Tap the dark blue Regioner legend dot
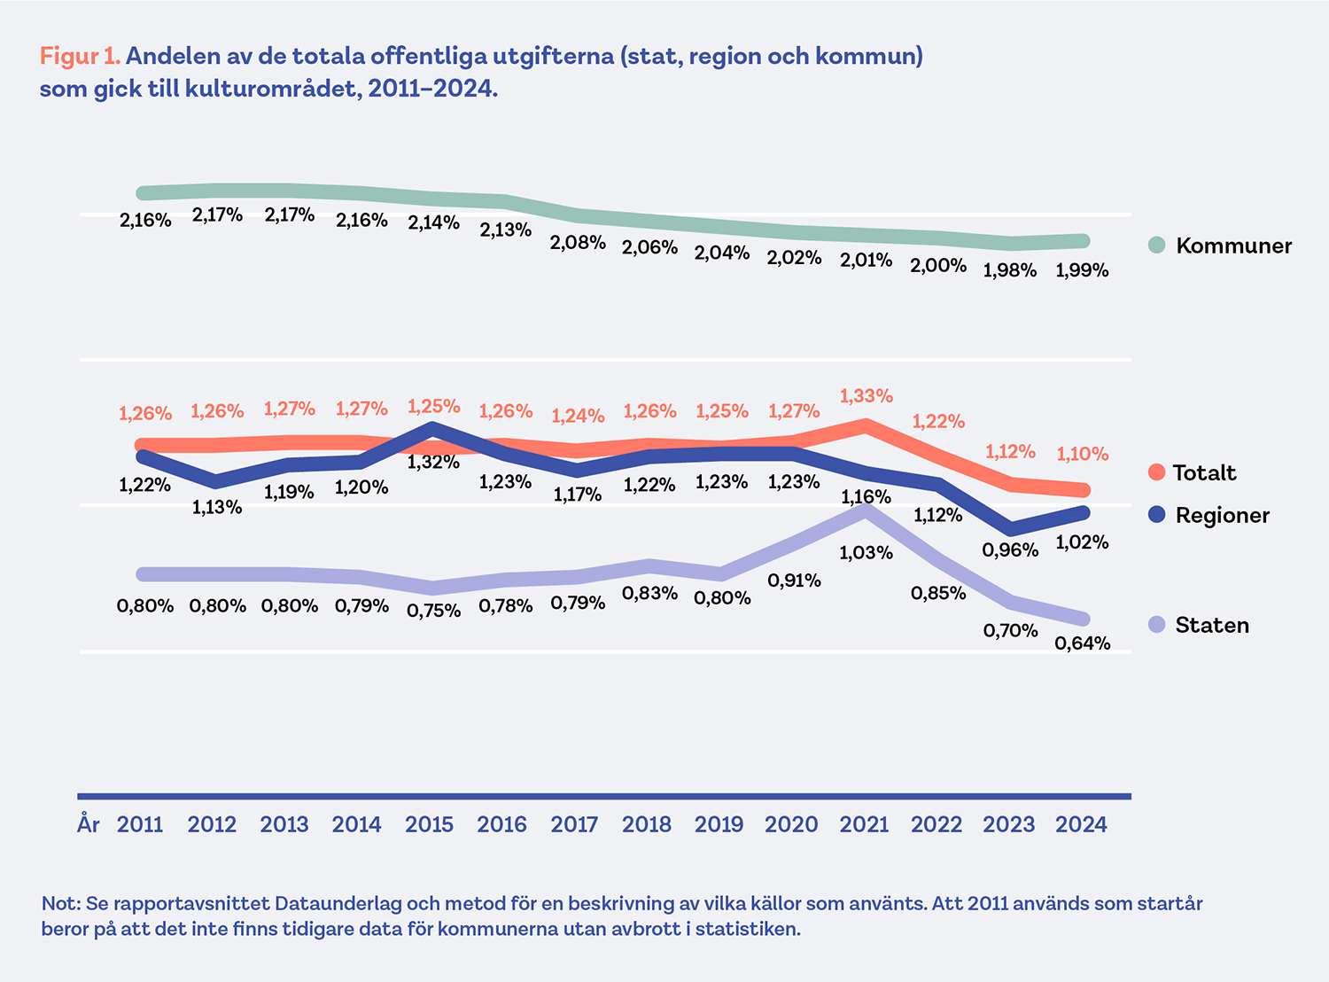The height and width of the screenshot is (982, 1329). coord(1156,515)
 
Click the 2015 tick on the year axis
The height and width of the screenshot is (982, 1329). coord(429,824)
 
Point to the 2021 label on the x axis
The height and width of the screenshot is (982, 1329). coord(864,824)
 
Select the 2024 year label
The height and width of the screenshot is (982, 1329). coord(1081,824)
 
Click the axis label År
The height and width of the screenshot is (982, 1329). coord(89,824)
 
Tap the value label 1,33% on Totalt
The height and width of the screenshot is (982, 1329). coord(866,395)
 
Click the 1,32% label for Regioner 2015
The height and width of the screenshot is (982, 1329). coord(433,462)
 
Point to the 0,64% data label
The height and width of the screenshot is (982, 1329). coord(1082,643)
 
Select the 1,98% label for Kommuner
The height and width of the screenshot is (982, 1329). coord(1009,270)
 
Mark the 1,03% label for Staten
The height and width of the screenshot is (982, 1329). coord(866,553)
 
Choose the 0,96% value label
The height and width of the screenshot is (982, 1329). coord(1009,550)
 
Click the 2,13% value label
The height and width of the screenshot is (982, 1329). coord(505,230)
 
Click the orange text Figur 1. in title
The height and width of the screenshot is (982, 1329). coord(80,56)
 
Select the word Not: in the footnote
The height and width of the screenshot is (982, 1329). coord(60,904)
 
